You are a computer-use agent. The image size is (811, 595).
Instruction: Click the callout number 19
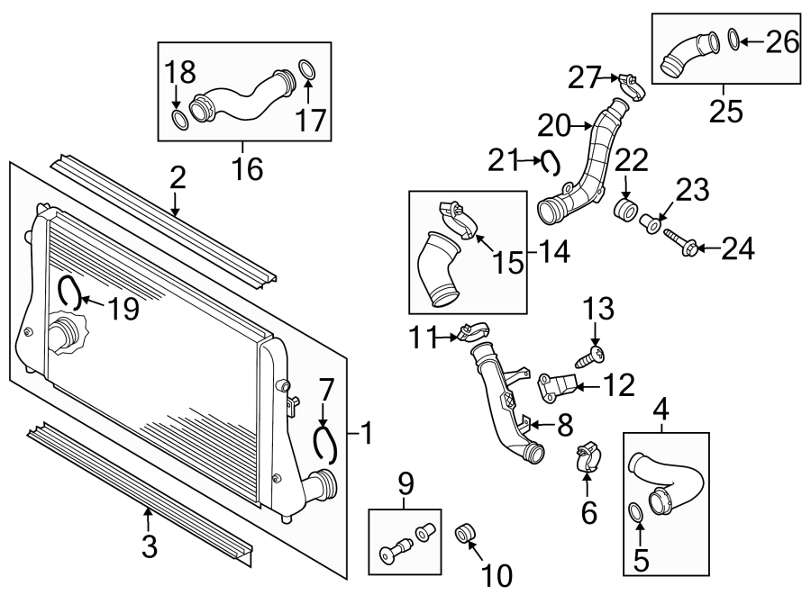click(124, 310)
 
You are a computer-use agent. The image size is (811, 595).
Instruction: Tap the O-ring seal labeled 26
click(734, 39)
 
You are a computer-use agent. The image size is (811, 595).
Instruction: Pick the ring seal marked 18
click(179, 120)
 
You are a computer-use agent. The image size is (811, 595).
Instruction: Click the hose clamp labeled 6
click(587, 454)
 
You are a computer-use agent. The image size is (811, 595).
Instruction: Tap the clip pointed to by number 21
click(551, 162)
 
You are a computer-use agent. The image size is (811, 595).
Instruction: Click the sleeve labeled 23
click(648, 221)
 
